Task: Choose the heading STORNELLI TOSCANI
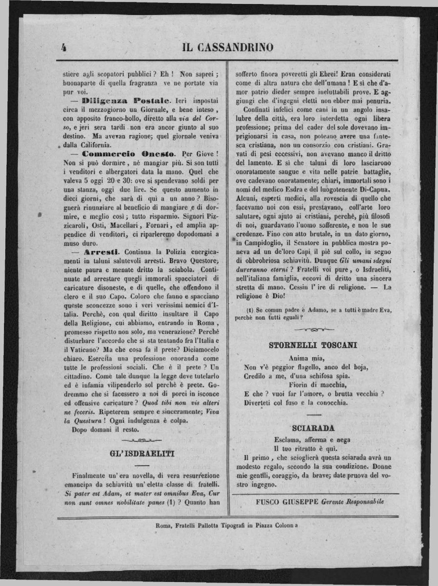pos(313,345)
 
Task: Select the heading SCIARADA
pos(314,428)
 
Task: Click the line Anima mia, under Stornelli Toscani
pos(306,358)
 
